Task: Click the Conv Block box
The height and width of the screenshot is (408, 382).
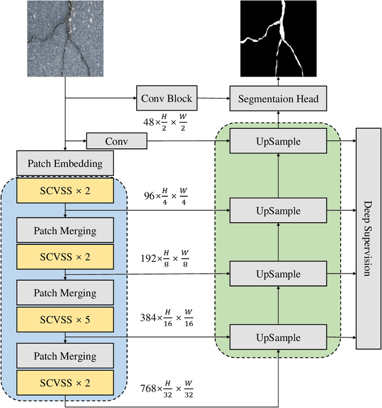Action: click(x=167, y=97)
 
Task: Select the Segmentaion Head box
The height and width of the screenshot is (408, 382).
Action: click(x=278, y=98)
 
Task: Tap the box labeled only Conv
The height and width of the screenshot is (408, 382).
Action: click(x=116, y=141)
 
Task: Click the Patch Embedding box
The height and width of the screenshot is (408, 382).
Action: click(x=64, y=162)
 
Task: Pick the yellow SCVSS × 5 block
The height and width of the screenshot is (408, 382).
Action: click(x=64, y=320)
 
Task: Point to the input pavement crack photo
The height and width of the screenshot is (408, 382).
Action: click(x=64, y=39)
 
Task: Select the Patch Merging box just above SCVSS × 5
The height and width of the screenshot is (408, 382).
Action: click(x=64, y=293)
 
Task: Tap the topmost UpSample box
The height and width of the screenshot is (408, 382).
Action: click(x=278, y=142)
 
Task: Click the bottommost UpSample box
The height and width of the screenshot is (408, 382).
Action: click(x=278, y=338)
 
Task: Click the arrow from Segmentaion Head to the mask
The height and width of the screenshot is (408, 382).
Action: click(x=278, y=82)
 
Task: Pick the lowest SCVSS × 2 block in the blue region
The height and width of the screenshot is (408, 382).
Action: click(x=64, y=382)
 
